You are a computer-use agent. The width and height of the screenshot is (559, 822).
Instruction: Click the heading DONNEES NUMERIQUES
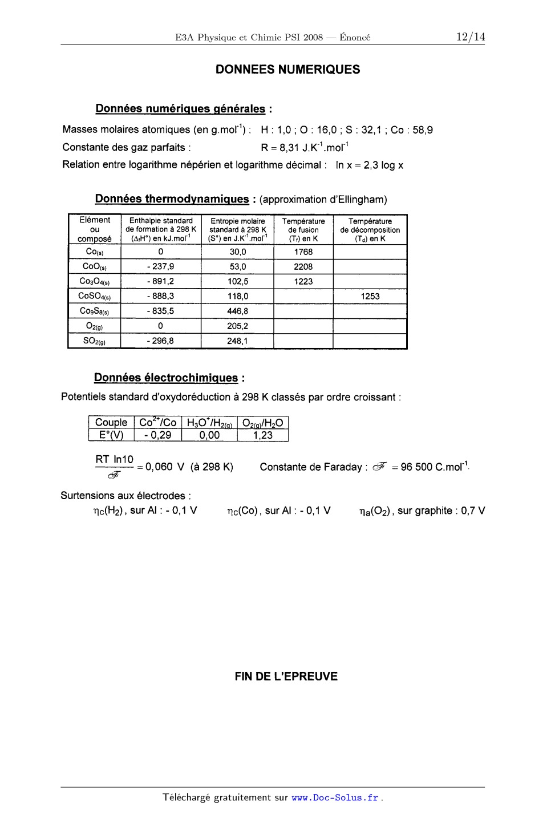click(x=287, y=70)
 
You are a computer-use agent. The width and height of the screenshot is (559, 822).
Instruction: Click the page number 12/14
click(x=470, y=37)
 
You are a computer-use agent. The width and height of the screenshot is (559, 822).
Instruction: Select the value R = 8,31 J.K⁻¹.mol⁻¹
click(x=305, y=148)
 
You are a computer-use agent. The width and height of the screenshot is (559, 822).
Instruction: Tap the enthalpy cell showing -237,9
click(x=160, y=266)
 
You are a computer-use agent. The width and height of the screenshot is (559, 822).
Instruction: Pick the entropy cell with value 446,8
click(x=237, y=311)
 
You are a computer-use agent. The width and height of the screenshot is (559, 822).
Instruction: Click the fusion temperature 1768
click(x=303, y=252)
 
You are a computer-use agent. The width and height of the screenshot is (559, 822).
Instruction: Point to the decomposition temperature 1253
click(x=370, y=296)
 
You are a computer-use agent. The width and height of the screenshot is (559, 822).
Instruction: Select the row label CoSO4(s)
click(x=94, y=296)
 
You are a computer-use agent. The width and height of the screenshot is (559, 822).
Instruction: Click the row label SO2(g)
click(x=94, y=341)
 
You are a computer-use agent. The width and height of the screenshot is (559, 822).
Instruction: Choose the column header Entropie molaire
click(x=237, y=221)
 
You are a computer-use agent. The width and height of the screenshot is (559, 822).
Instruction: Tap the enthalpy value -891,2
click(x=160, y=281)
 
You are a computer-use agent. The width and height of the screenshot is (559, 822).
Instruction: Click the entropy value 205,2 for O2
click(x=237, y=326)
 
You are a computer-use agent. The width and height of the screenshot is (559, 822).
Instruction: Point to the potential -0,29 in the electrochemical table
click(x=157, y=435)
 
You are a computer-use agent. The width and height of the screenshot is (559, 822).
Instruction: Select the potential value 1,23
click(x=262, y=435)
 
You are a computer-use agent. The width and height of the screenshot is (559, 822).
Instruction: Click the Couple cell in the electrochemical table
click(x=111, y=423)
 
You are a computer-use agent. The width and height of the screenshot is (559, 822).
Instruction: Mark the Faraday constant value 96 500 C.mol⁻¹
click(x=434, y=467)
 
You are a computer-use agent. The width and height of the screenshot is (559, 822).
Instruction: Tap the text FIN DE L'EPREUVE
click(x=286, y=677)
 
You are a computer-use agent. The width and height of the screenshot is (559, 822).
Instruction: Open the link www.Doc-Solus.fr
click(x=335, y=797)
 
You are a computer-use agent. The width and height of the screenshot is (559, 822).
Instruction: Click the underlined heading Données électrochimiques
click(x=166, y=378)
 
